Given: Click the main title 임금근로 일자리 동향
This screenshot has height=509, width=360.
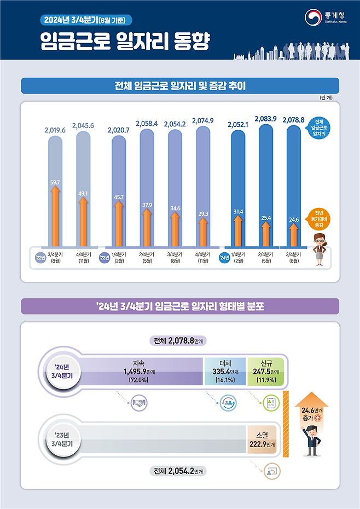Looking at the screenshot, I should pyautogui.click(x=125, y=42).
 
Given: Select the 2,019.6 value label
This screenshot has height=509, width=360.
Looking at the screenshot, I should pyautogui.click(x=55, y=130).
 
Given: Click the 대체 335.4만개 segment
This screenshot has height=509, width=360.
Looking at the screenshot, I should pyautogui.click(x=224, y=371).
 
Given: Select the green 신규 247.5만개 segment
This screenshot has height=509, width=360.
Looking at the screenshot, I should pyautogui.click(x=265, y=371).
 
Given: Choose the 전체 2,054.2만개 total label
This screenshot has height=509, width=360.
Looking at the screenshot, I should pyautogui.click(x=181, y=471).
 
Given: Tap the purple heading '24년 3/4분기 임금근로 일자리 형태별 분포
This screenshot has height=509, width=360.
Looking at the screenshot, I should pyautogui.click(x=179, y=306).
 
